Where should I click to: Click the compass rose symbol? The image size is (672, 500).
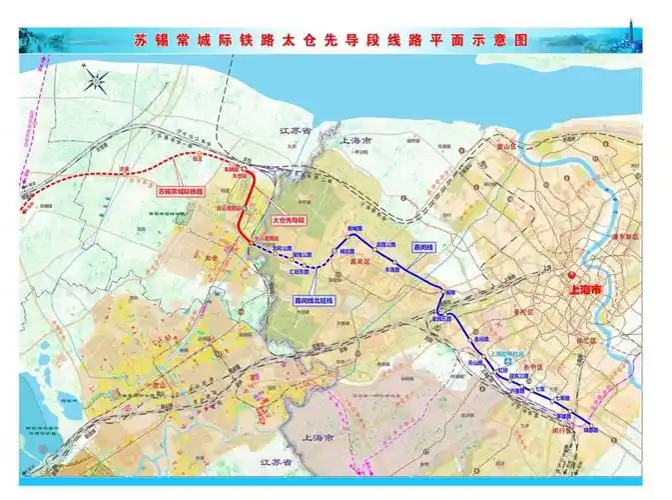point(97,81)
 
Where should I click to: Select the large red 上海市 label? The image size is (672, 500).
point(584,288)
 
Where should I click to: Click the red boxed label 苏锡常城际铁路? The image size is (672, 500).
point(180,190)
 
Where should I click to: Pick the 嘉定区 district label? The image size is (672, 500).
point(356,262)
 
